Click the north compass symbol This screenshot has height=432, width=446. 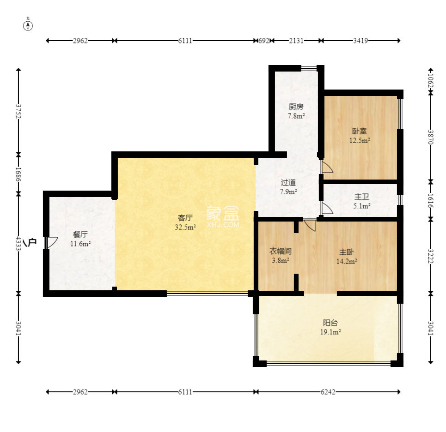(28, 25)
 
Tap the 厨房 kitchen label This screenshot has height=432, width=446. (296, 107)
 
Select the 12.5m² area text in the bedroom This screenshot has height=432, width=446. (360, 140)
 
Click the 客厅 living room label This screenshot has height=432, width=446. (185, 218)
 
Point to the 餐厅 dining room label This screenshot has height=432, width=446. (80, 234)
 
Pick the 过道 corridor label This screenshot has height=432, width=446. (288, 182)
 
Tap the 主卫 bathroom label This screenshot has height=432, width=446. (362, 197)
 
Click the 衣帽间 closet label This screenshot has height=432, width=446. (281, 251)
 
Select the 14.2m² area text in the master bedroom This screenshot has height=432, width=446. (347, 261)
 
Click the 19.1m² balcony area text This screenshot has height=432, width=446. (330, 332)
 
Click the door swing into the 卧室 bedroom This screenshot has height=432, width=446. (327, 167)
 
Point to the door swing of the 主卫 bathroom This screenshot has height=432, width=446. (327, 208)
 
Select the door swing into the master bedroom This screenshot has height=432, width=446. (310, 225)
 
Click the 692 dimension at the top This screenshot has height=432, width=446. (264, 41)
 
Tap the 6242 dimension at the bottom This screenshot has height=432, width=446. (328, 392)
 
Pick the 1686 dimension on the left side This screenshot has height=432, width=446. (18, 174)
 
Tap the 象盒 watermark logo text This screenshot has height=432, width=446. (223, 213)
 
